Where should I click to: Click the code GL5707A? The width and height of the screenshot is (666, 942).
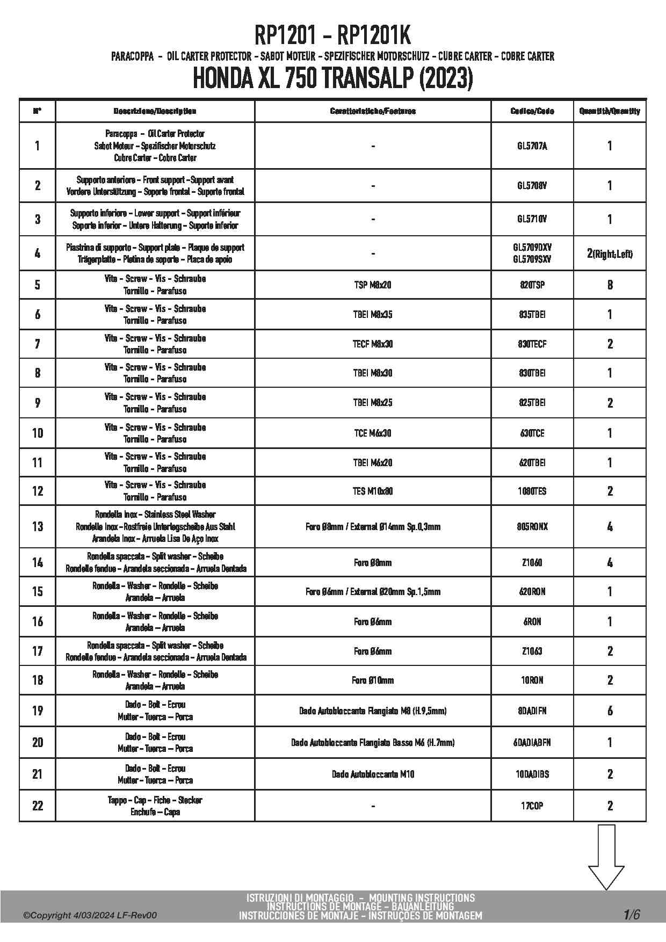[532, 146]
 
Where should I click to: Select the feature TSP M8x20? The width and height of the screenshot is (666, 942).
[373, 285]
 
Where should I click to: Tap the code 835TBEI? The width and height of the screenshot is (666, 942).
[532, 314]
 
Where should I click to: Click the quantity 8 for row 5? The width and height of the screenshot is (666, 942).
[610, 285]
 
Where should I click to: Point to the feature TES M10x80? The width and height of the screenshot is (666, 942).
[373, 491]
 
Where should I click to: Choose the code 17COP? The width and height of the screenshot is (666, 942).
[532, 806]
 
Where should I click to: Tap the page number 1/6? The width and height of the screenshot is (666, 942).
[632, 914]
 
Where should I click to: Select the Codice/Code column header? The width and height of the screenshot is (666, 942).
[532, 111]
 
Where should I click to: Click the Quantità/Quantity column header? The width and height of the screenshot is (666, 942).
[610, 111]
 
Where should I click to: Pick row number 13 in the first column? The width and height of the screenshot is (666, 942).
[37, 526]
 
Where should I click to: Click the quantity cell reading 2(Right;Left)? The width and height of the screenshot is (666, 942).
[610, 253]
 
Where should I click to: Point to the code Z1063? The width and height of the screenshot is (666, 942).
[532, 651]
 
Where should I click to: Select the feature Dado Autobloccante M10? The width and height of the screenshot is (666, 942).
[373, 774]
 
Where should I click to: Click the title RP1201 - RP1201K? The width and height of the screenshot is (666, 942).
[332, 37]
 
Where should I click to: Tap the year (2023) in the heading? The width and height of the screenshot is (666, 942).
[445, 79]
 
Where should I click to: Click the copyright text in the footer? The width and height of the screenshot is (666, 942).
[90, 915]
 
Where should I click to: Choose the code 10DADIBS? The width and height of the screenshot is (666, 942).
[532, 774]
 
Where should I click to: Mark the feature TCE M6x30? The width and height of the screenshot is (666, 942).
[373, 433]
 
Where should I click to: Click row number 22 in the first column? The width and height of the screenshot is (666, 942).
[37, 806]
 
